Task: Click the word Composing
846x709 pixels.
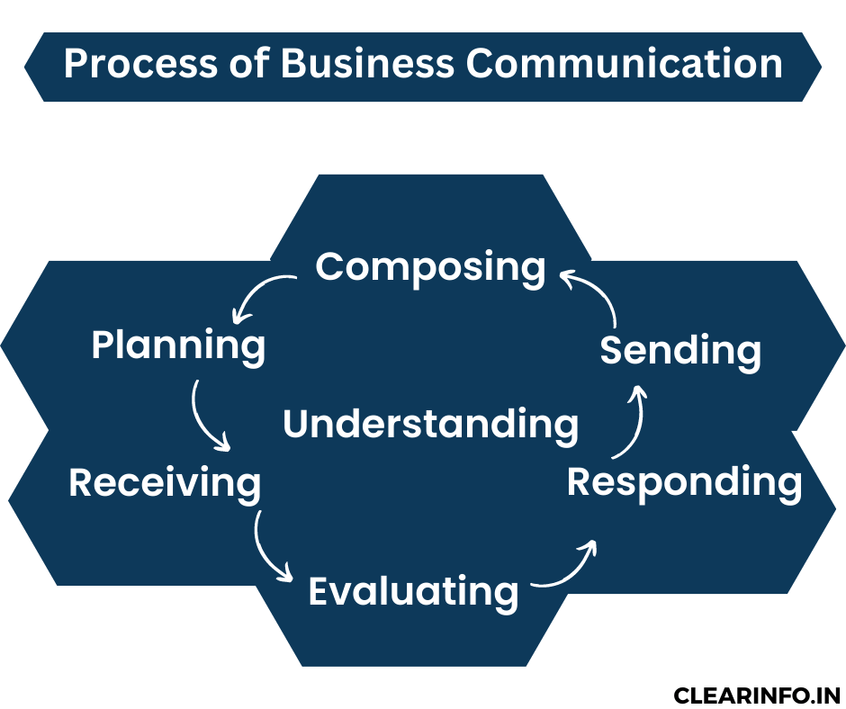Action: pos(430,267)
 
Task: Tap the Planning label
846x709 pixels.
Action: pos(178,346)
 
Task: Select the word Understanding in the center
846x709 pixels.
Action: pos(430,424)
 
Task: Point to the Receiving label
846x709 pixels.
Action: pos(165,482)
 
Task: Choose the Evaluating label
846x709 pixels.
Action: pos(413,591)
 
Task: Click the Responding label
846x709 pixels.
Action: pos(684,482)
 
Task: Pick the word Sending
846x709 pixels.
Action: pos(680,350)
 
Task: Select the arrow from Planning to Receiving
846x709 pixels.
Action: pos(205,418)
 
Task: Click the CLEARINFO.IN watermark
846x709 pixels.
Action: pos(756,696)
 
